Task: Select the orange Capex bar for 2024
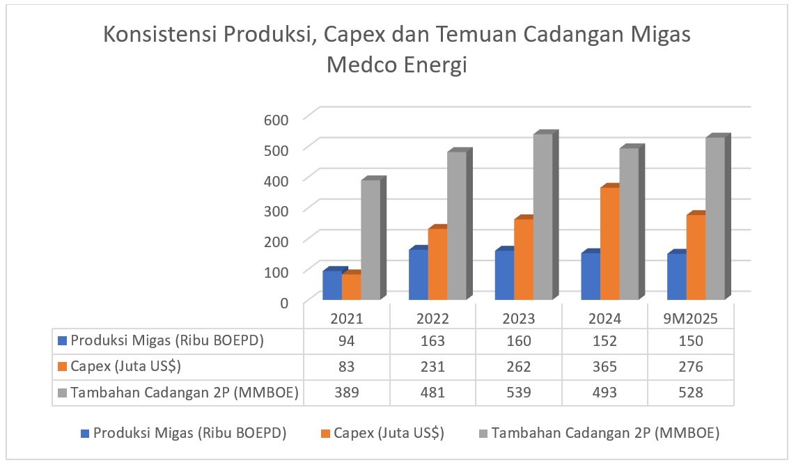coord(609,244)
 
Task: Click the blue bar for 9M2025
coord(676,276)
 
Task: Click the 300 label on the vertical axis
coord(276,210)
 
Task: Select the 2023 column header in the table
coord(519,319)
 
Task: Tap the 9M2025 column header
coord(689,319)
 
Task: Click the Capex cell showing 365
coord(604,367)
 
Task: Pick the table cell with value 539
coord(519,393)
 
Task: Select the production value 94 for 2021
coord(347,341)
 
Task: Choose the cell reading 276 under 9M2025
coord(689,367)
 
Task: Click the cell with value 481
coord(432,393)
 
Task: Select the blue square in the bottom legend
coord(85,434)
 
